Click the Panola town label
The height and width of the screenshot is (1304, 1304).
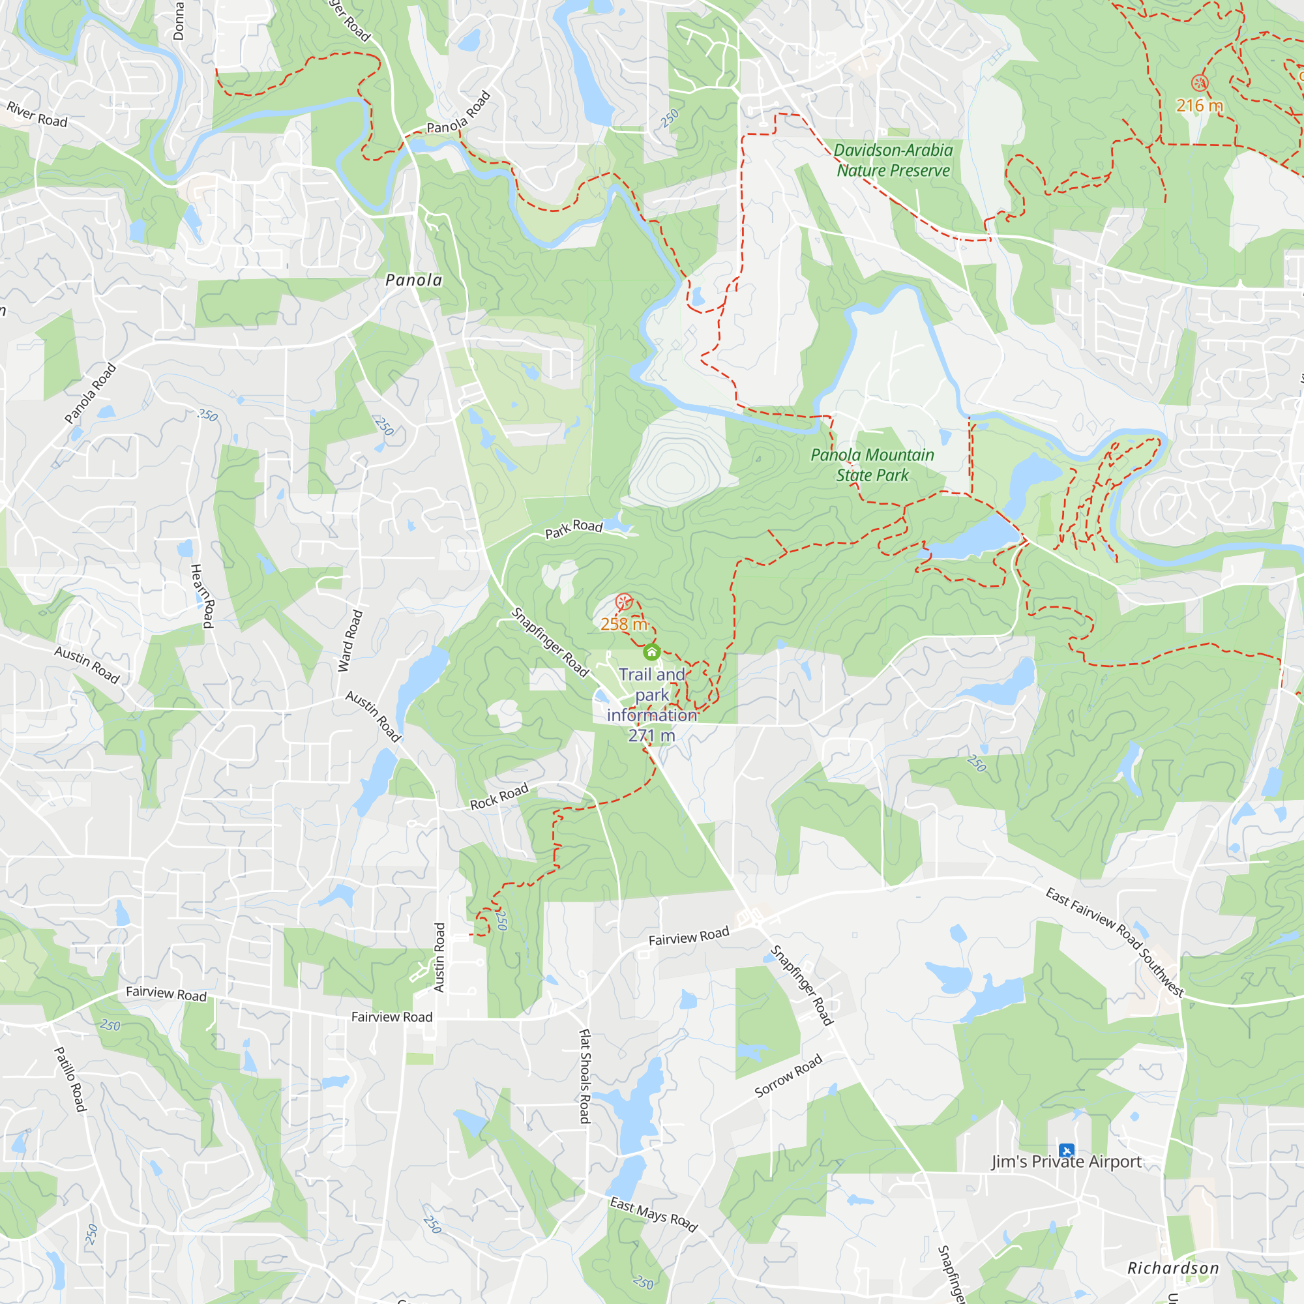pyautogui.click(x=414, y=280)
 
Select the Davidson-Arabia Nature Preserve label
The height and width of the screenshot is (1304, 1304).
pyautogui.click(x=893, y=160)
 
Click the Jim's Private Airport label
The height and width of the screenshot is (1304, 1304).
pyautogui.click(x=1067, y=1162)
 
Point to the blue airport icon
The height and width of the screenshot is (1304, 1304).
pyautogui.click(x=1067, y=1150)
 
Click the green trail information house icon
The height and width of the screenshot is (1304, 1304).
pyautogui.click(x=651, y=652)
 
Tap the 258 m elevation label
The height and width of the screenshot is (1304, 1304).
pyautogui.click(x=624, y=625)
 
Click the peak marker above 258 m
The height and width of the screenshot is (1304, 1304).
pyautogui.click(x=624, y=600)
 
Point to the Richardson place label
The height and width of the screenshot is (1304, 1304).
pyautogui.click(x=1173, y=1268)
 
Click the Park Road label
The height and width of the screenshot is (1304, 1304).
pyautogui.click(x=574, y=529)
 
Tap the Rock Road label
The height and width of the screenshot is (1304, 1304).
pyautogui.click(x=499, y=797)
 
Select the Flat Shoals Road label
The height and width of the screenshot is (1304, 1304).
pyautogui.click(x=585, y=1076)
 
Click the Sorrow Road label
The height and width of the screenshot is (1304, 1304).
pyautogui.click(x=788, y=1076)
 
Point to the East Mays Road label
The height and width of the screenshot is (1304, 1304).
pyautogui.click(x=653, y=1214)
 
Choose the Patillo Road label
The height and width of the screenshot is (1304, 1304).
pyautogui.click(x=70, y=1079)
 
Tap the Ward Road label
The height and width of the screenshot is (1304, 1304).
pyautogui.click(x=350, y=641)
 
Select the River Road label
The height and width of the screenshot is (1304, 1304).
pyautogui.click(x=37, y=114)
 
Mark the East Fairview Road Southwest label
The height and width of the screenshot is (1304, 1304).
pyautogui.click(x=1114, y=942)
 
